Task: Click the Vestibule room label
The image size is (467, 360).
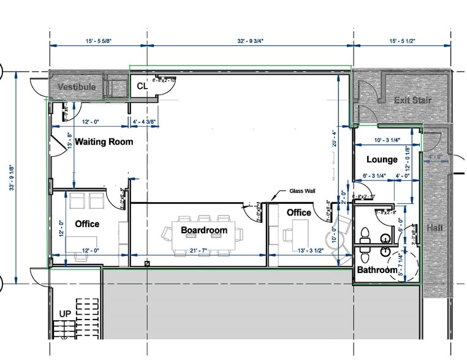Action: click(77, 87)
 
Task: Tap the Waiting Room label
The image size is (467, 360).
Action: click(104, 142)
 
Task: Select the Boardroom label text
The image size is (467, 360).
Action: click(204, 231)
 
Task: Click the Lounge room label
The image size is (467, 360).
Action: click(382, 160)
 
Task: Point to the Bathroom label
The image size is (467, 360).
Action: click(378, 270)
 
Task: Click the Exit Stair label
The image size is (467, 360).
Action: click(412, 100)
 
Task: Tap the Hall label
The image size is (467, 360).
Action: click(436, 228)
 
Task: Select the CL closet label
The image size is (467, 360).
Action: click(142, 86)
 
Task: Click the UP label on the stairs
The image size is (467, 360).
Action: click(66, 314)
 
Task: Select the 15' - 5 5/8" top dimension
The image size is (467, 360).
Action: click(98, 40)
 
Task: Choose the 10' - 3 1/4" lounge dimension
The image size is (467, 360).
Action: click(387, 140)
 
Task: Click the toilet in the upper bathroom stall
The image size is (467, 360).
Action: click(365, 233)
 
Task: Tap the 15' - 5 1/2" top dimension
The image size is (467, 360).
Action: click(401, 40)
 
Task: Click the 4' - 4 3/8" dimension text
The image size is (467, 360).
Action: click(145, 122)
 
